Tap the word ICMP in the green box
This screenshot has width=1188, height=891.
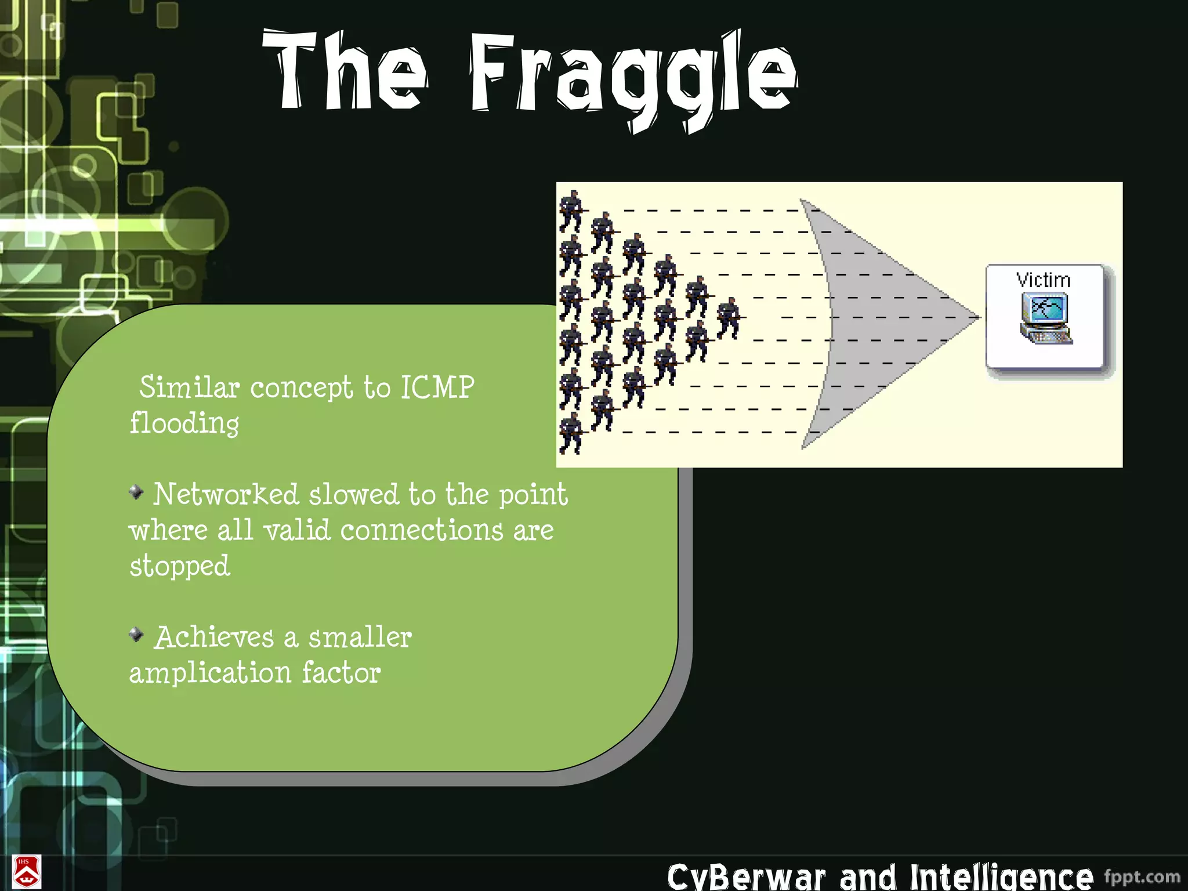(437, 387)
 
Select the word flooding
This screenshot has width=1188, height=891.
(184, 423)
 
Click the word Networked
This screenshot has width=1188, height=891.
(226, 495)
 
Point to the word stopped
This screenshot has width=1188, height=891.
(180, 566)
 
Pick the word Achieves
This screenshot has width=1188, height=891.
(214, 638)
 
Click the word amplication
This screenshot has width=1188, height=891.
(210, 673)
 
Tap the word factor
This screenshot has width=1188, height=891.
(341, 673)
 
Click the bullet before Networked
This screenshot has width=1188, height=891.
(136, 492)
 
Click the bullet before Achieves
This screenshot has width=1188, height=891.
(136, 635)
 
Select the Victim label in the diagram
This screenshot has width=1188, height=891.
(1043, 281)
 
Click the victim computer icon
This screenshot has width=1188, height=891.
(1045, 318)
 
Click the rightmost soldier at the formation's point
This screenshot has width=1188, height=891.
(729, 318)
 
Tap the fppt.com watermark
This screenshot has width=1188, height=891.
(1142, 876)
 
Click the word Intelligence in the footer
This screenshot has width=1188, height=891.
(1001, 876)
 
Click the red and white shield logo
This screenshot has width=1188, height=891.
(26, 872)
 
